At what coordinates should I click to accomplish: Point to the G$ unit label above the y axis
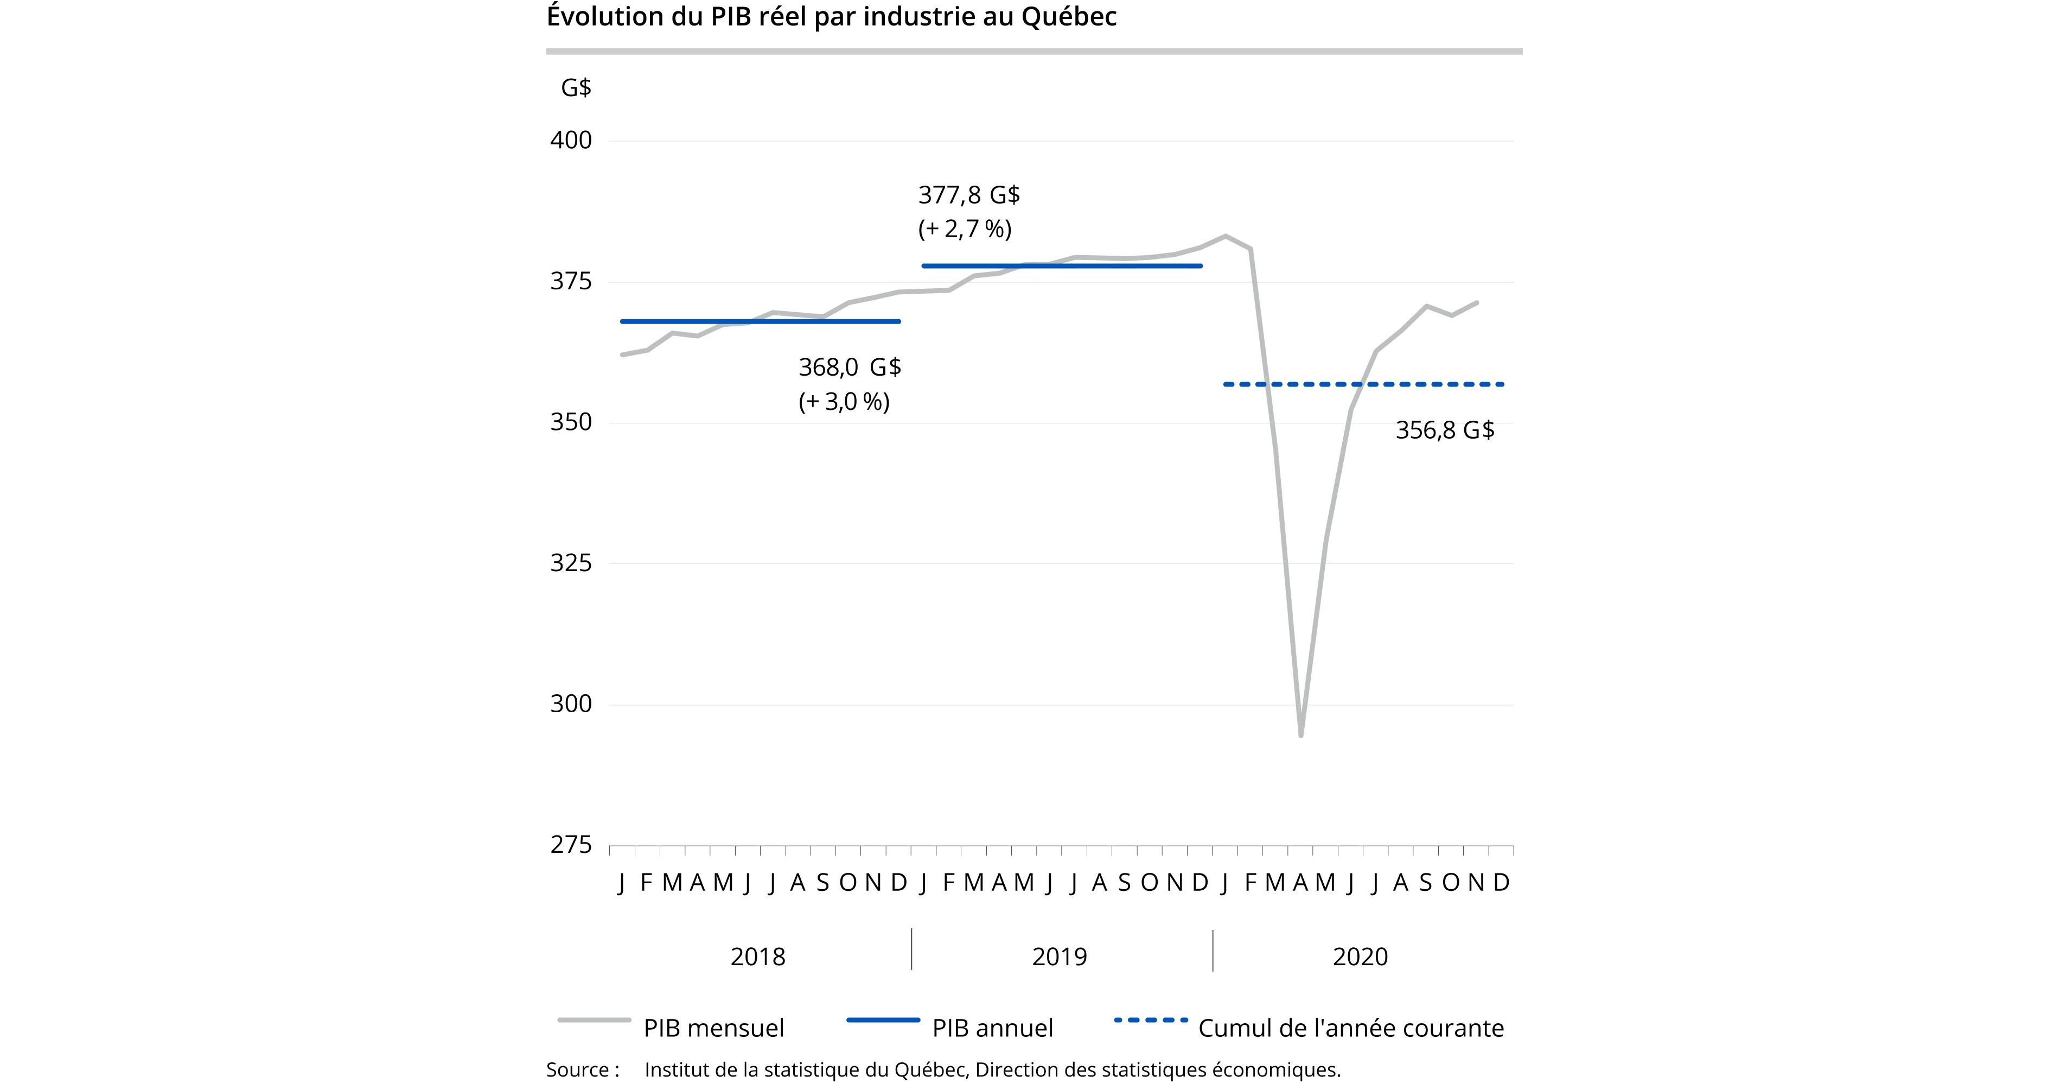(x=575, y=87)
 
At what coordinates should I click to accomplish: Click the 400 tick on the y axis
(x=571, y=141)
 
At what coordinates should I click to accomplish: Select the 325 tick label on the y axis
(x=571, y=563)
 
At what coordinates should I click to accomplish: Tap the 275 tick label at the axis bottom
(x=571, y=845)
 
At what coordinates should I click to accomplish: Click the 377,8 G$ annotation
(x=968, y=195)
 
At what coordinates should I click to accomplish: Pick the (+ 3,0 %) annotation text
(x=843, y=401)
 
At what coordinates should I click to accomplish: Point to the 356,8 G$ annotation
(x=1444, y=430)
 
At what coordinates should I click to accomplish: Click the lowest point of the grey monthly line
(x=1301, y=734)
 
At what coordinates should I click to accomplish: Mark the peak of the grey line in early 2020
(x=1225, y=236)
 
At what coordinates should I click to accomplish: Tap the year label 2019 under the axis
(x=1058, y=957)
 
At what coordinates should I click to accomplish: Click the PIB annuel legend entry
(x=992, y=1028)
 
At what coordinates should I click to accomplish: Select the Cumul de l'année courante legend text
(x=1350, y=1028)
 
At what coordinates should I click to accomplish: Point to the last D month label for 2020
(x=1501, y=882)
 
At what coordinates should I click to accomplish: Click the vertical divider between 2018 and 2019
(x=911, y=949)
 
